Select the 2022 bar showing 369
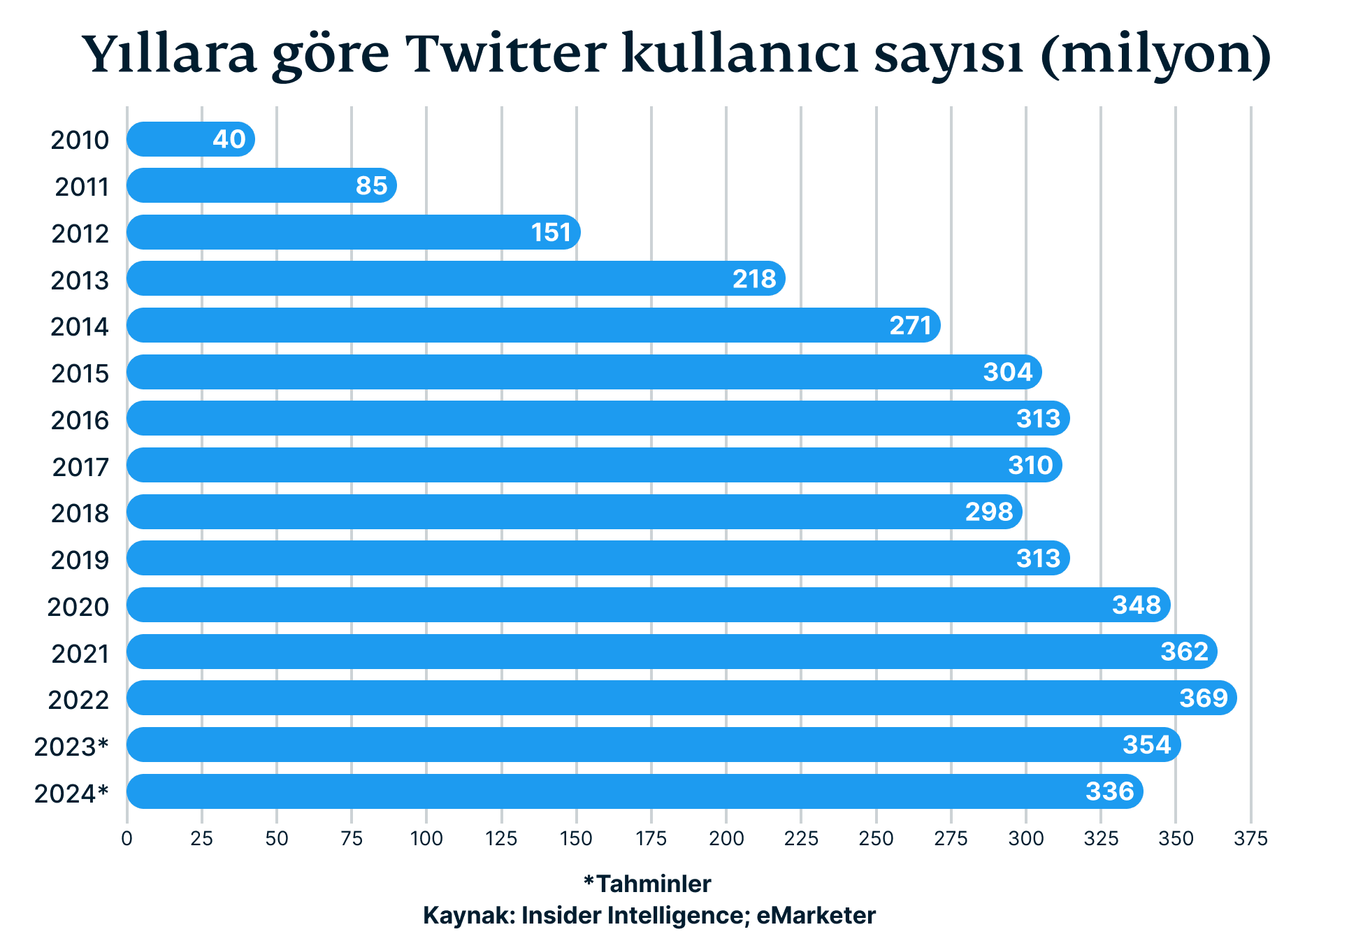(x=681, y=698)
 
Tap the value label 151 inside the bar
(x=551, y=232)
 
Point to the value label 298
(x=989, y=512)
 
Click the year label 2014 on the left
(x=80, y=326)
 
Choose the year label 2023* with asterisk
(x=72, y=747)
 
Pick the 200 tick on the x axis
(x=726, y=838)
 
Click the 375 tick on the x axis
(x=1250, y=838)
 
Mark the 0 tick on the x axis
(x=127, y=838)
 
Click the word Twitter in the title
(x=507, y=55)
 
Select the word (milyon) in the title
(x=1155, y=55)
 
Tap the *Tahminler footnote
(x=647, y=884)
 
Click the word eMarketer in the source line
(x=816, y=915)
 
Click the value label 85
(x=371, y=186)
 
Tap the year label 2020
(x=78, y=607)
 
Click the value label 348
(x=1137, y=605)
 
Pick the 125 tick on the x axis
(x=501, y=838)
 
